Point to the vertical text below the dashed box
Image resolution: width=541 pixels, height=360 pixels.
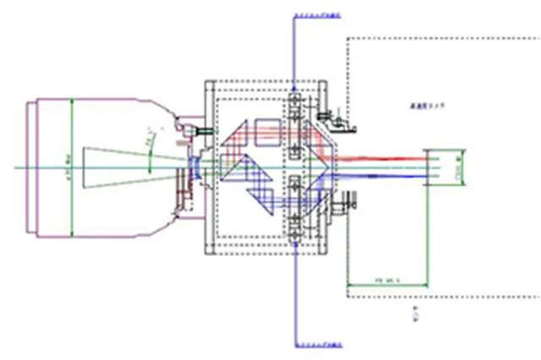point(414,314)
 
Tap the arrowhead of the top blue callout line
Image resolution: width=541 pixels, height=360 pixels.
point(293,87)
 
